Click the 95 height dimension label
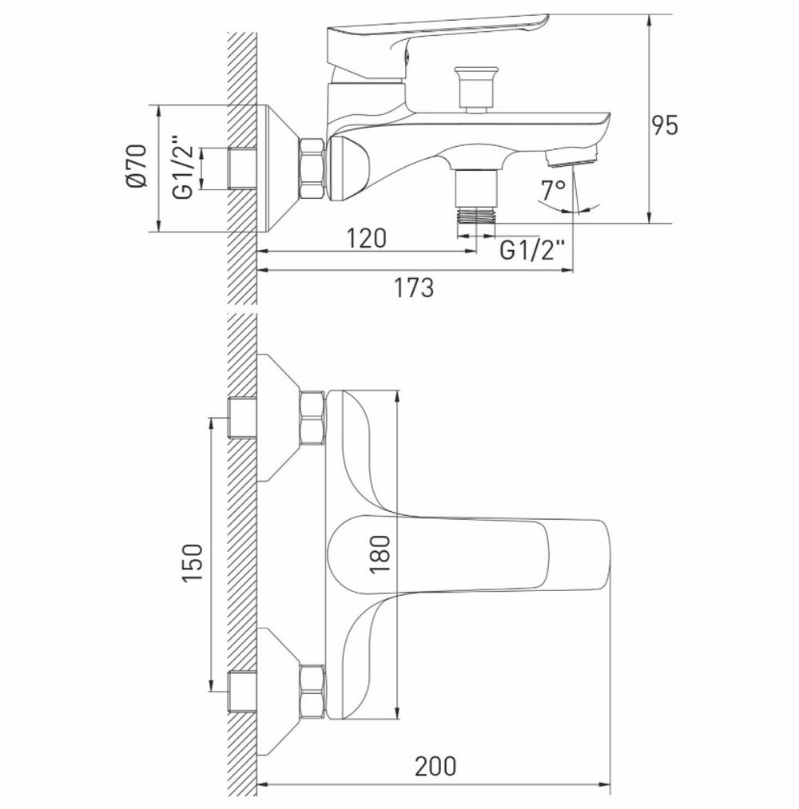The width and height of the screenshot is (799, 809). [x=664, y=125]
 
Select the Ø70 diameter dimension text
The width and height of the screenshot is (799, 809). [x=135, y=166]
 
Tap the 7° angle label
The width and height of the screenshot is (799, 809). [x=553, y=190]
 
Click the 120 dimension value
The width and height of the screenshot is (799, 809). [x=366, y=237]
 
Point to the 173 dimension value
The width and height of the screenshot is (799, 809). [x=413, y=287]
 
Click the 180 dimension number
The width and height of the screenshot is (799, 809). [x=380, y=553]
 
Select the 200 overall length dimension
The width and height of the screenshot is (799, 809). [x=435, y=766]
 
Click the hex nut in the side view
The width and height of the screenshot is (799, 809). [x=312, y=169]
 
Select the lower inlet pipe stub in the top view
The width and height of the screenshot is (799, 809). [x=242, y=692]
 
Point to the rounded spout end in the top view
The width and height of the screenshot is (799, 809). [x=591, y=553]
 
